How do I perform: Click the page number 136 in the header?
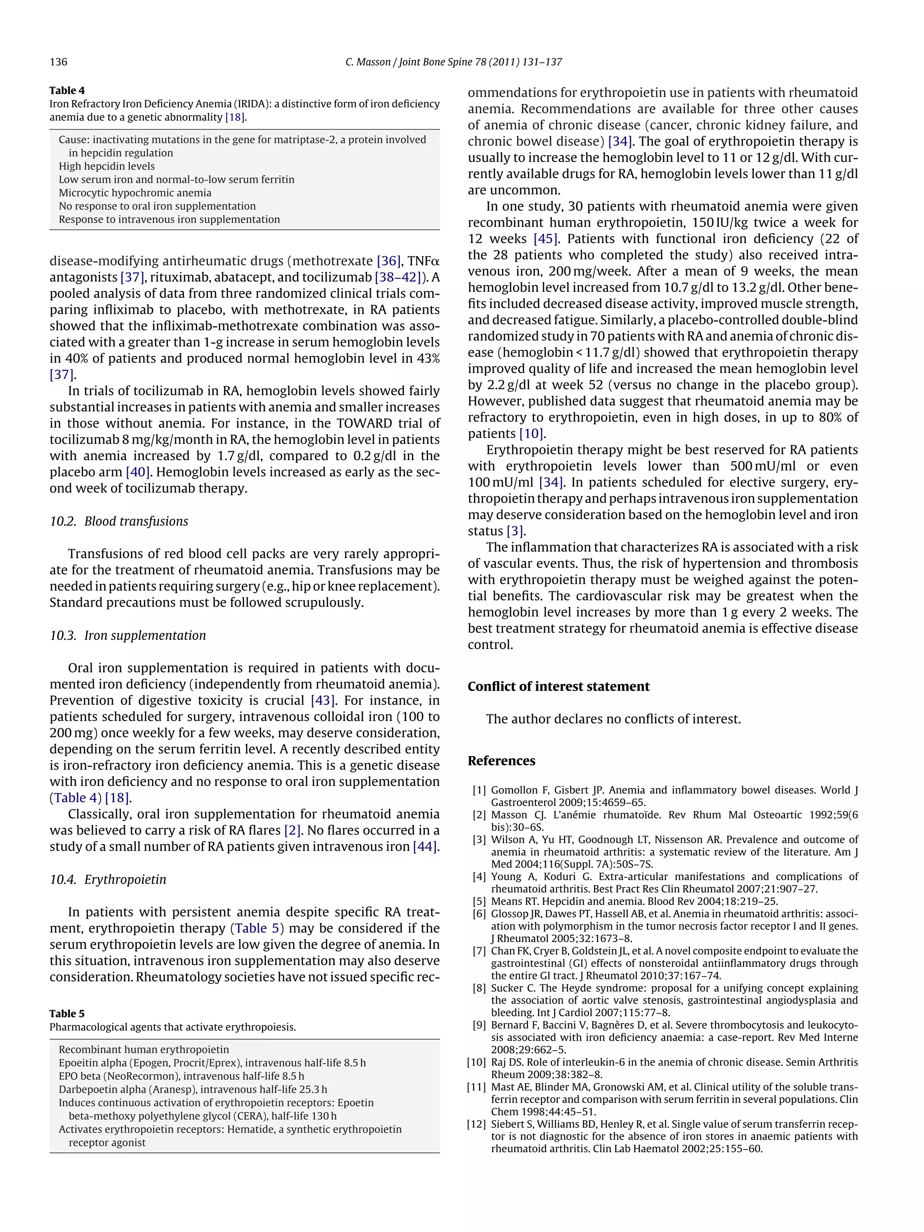(59, 62)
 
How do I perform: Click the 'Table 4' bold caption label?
(67, 90)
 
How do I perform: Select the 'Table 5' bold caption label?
(67, 1014)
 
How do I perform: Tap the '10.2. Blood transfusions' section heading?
(119, 521)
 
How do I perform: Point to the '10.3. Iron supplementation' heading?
(128, 636)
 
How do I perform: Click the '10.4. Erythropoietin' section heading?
(108, 879)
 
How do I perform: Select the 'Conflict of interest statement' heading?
(558, 686)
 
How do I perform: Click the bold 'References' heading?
(501, 761)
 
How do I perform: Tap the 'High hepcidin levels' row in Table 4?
(107, 166)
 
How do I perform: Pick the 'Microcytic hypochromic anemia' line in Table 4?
(135, 193)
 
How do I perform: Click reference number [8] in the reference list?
(479, 988)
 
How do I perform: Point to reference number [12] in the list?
(477, 1124)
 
